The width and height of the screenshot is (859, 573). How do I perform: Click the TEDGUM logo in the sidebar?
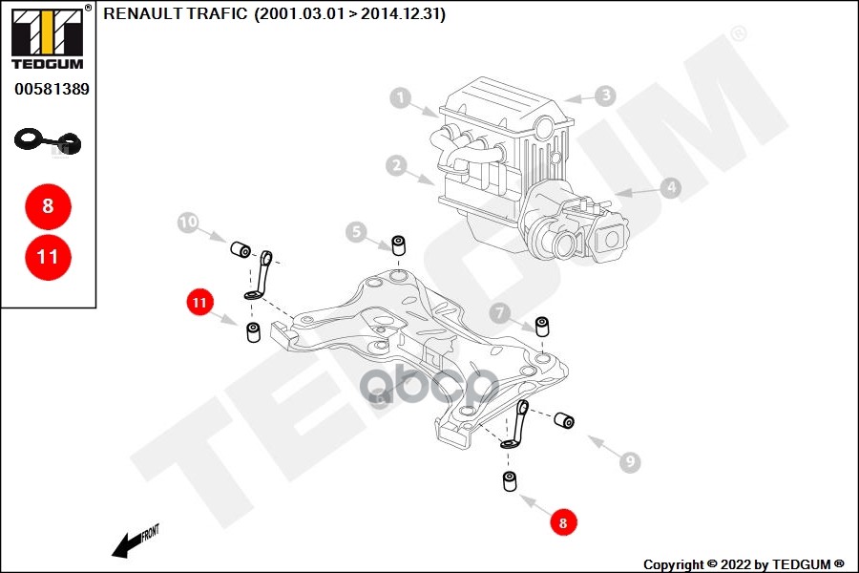[x=48, y=37]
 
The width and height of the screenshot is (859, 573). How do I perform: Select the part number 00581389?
[x=52, y=89]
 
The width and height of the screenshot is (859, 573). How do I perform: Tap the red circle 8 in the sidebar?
[x=49, y=206]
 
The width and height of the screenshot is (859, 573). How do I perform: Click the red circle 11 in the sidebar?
[x=49, y=257]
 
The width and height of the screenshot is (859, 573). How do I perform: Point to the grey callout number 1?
[x=401, y=98]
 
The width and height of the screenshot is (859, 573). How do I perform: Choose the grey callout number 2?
[x=397, y=165]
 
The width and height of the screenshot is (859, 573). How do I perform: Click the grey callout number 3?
[x=605, y=95]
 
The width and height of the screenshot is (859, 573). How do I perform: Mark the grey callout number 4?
[x=671, y=187]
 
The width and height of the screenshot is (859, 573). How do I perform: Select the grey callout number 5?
[x=356, y=232]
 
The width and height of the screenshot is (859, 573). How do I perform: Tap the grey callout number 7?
[x=499, y=313]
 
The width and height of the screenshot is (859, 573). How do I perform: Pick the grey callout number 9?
[x=630, y=461]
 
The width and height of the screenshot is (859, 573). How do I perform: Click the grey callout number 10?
[x=188, y=223]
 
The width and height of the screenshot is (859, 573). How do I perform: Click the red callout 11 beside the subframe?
[x=199, y=303]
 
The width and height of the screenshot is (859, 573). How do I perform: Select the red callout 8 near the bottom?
[x=563, y=522]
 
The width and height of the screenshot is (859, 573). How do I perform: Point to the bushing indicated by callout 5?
[x=398, y=245]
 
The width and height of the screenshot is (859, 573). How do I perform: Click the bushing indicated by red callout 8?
[x=510, y=481]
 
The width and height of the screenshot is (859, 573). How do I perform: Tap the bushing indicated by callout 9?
[x=564, y=420]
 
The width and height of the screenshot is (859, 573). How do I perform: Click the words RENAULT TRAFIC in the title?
[x=176, y=13]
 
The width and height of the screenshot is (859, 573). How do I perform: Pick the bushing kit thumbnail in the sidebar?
[x=48, y=142]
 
